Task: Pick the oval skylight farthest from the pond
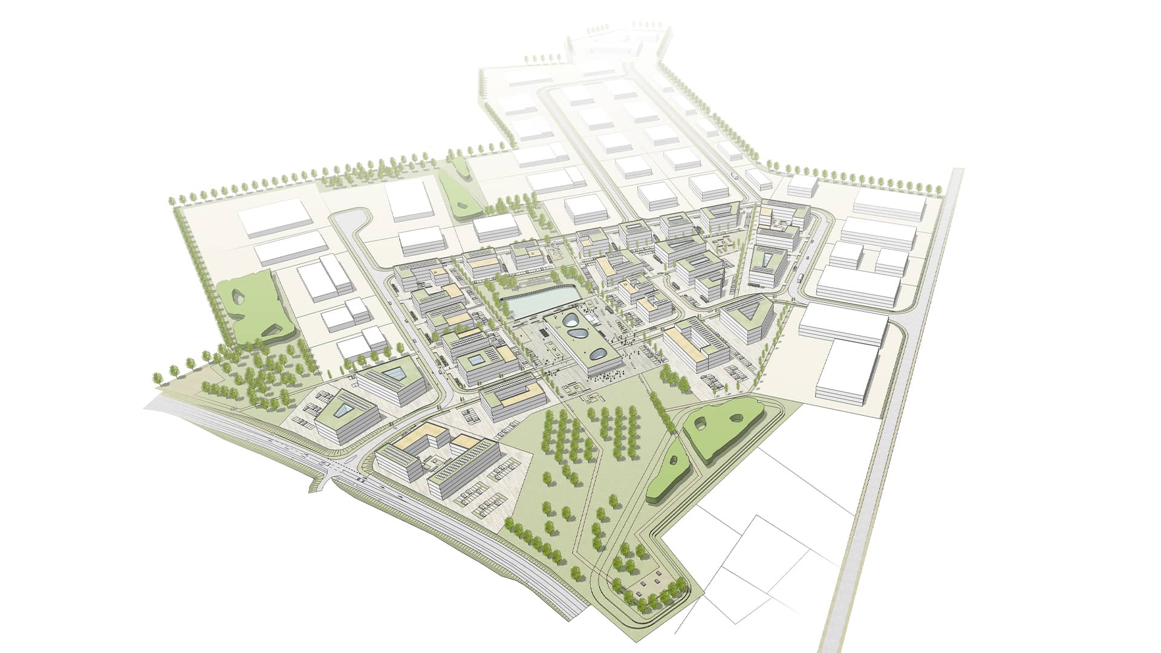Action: (x=599, y=355)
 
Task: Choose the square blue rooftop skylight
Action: (x=475, y=360)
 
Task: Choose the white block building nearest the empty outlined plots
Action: (x=847, y=369)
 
